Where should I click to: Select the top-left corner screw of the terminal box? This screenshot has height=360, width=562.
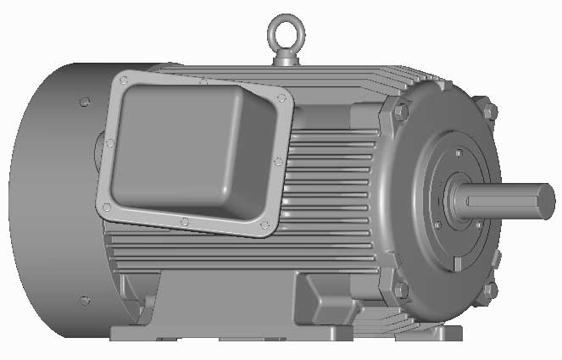[125, 80]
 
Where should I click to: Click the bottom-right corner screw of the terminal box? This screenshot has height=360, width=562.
[264, 225]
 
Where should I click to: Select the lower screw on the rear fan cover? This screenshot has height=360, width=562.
[83, 300]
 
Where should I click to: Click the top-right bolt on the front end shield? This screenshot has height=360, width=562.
[488, 111]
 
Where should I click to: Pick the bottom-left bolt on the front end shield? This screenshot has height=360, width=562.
[401, 291]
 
